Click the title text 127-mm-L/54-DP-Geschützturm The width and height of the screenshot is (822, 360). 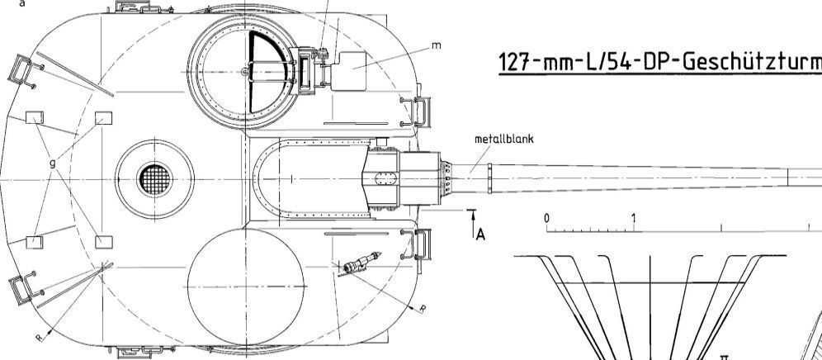tap(659, 63)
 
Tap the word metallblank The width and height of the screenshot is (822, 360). tap(503, 139)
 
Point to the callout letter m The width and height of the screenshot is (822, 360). tap(436, 45)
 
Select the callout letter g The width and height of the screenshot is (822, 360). tap(53, 163)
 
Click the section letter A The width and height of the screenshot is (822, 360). tap(480, 234)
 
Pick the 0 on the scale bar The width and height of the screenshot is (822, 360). tap(547, 217)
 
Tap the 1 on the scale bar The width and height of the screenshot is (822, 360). tap(634, 217)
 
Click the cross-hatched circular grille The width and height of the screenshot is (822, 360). tap(155, 179)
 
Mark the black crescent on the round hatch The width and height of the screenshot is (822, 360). tap(267, 72)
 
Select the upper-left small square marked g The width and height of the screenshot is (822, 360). tap(35, 117)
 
